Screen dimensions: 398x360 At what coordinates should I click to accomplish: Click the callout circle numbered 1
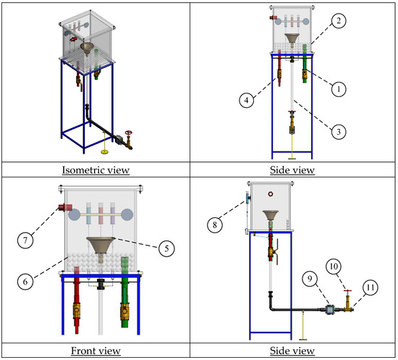(x=339, y=89)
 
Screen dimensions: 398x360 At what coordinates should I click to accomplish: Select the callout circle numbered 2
(x=339, y=20)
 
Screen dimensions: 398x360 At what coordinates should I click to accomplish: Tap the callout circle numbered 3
(x=339, y=132)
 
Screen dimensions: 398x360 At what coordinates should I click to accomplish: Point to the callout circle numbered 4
(x=247, y=100)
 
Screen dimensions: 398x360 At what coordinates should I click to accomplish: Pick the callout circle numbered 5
(x=166, y=248)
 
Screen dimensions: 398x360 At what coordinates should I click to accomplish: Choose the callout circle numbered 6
(x=25, y=282)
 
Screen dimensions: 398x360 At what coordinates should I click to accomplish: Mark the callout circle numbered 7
(x=25, y=240)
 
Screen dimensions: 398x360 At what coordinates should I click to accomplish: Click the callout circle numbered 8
(x=215, y=225)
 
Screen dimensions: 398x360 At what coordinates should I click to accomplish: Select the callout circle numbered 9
(x=310, y=279)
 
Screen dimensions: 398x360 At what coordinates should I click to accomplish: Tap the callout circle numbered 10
(x=334, y=267)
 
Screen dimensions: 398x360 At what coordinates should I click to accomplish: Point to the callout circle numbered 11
(x=371, y=288)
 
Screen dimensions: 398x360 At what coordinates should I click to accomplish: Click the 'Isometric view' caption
(x=96, y=170)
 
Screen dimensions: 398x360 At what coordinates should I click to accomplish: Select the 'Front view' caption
(x=96, y=351)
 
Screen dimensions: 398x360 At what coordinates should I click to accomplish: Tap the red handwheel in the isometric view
(x=129, y=133)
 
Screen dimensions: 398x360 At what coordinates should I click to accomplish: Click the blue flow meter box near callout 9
(x=330, y=309)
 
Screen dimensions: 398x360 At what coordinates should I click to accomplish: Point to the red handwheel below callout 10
(x=348, y=290)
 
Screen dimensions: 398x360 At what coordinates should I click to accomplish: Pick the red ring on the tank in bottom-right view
(x=271, y=194)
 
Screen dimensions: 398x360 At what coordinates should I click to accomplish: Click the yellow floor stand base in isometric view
(x=105, y=152)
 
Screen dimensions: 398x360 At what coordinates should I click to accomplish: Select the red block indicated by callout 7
(x=63, y=207)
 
